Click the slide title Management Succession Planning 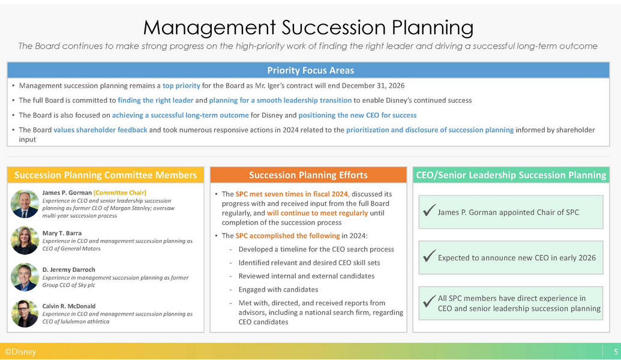click(308, 28)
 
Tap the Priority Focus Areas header click(311, 70)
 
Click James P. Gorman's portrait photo click(25, 204)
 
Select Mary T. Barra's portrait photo click(25, 241)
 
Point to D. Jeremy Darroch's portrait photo click(25, 277)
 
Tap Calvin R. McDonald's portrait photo click(25, 313)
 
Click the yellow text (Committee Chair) click(120, 193)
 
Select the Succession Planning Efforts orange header click(308, 175)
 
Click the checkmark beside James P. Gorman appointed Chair click(429, 210)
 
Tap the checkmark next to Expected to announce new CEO click(429, 256)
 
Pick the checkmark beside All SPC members click(429, 301)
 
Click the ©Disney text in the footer click(20, 352)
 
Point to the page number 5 click(616, 352)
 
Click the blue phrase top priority click(181, 86)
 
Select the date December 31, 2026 click(373, 86)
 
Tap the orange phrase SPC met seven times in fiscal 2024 click(292, 194)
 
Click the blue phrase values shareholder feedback click(100, 130)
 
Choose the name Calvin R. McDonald click(69, 306)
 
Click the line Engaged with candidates click(278, 290)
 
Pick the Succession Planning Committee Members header click(106, 175)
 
